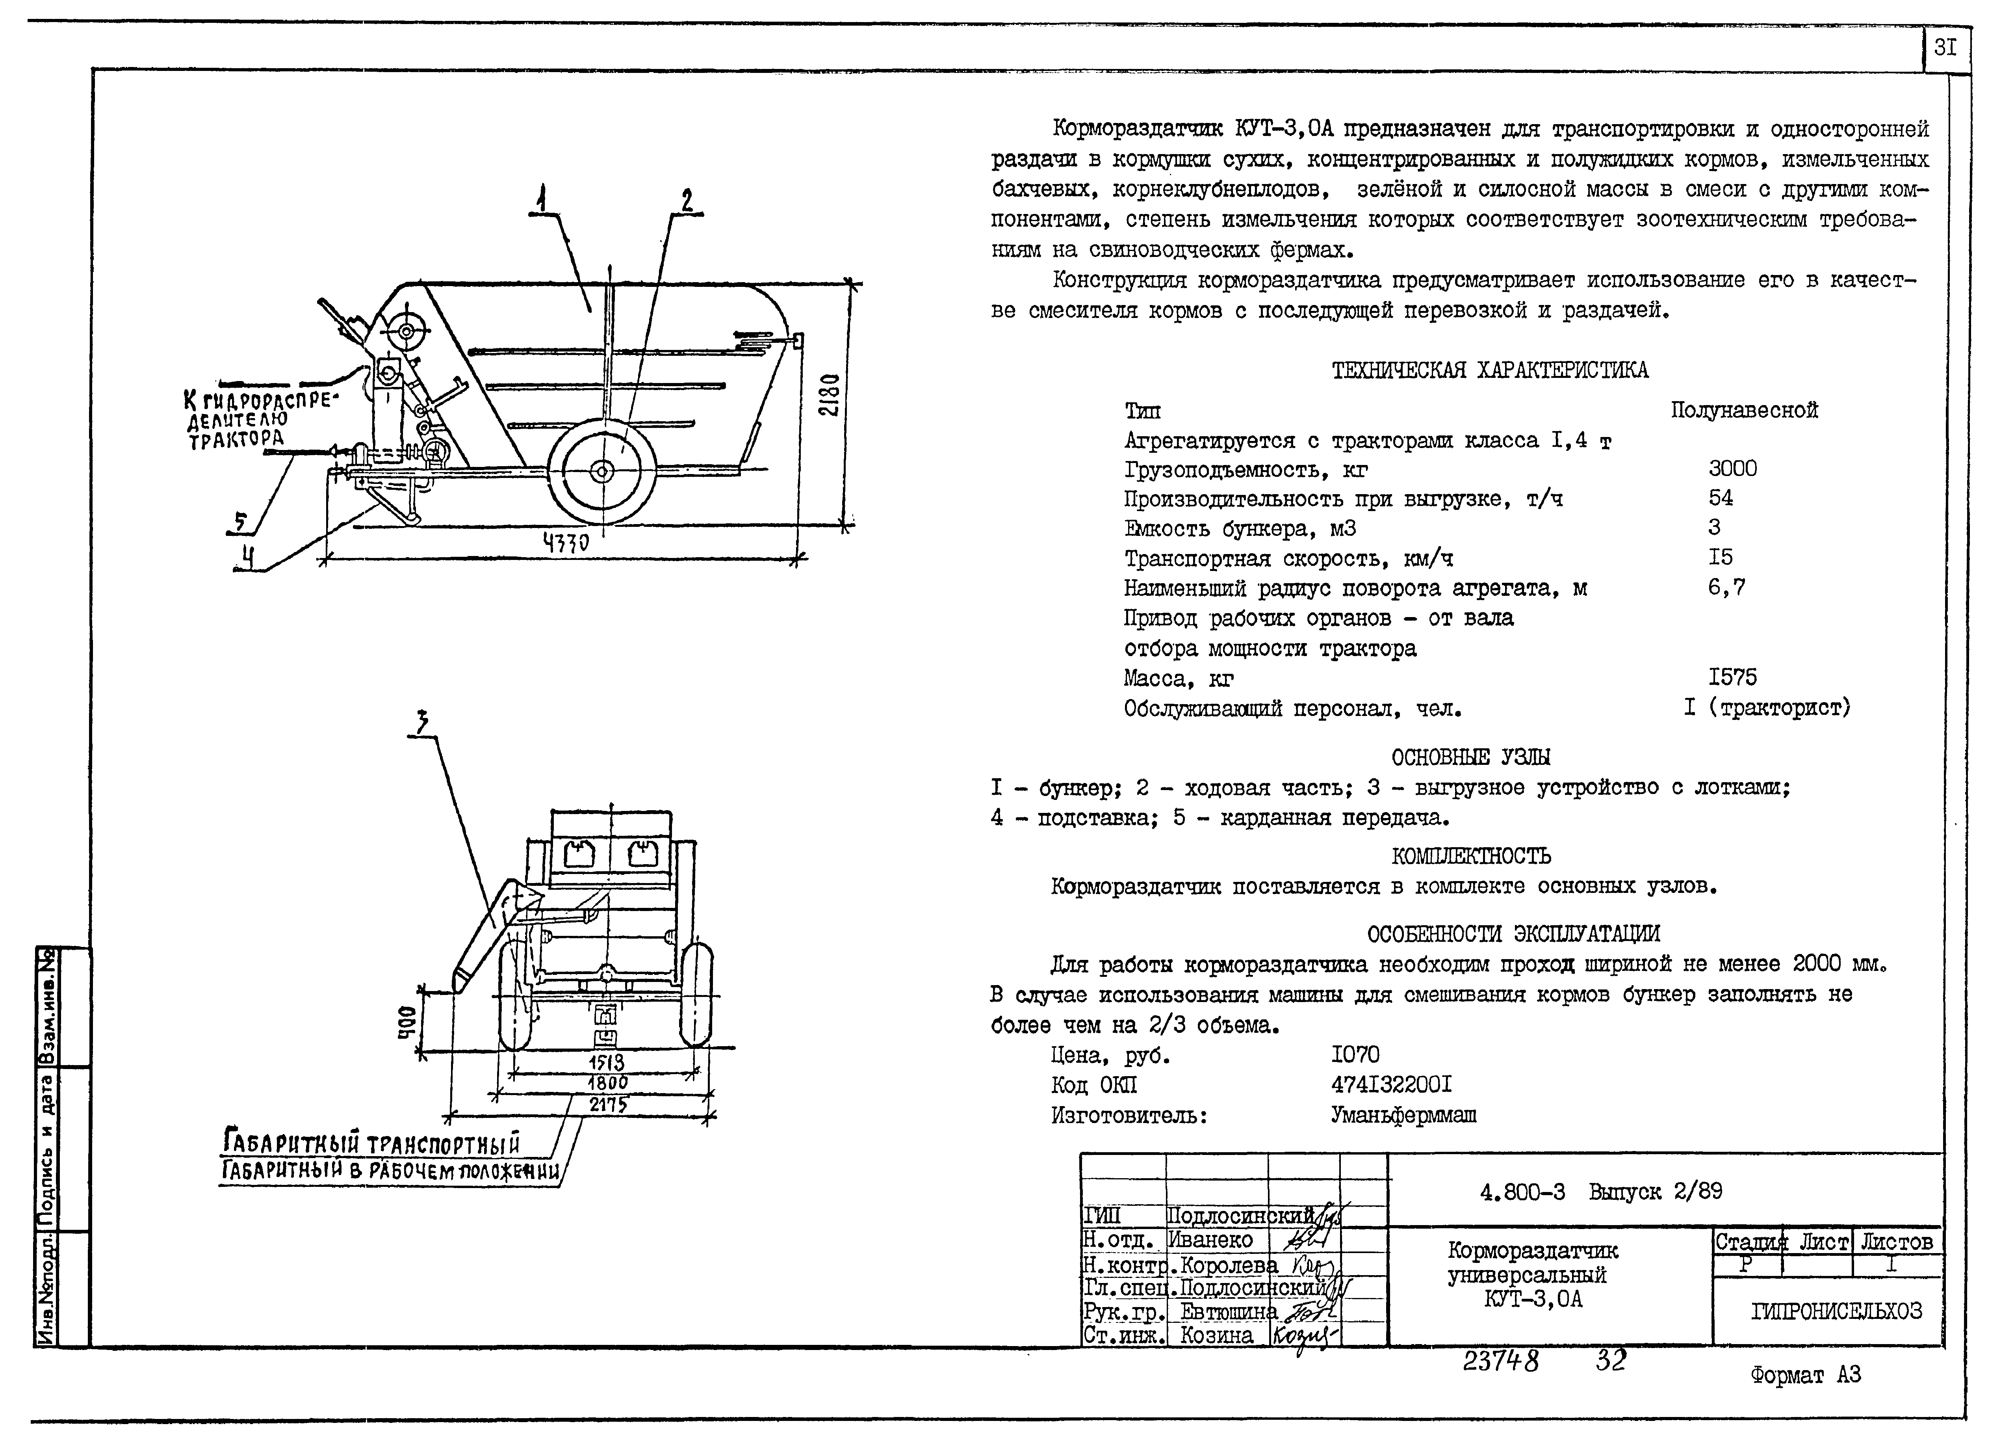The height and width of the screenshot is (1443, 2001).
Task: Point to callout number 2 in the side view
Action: [687, 200]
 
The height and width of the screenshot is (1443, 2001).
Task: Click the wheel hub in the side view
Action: [602, 471]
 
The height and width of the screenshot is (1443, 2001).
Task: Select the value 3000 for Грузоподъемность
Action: [1732, 469]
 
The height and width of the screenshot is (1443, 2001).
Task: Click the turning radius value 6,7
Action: [1726, 587]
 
